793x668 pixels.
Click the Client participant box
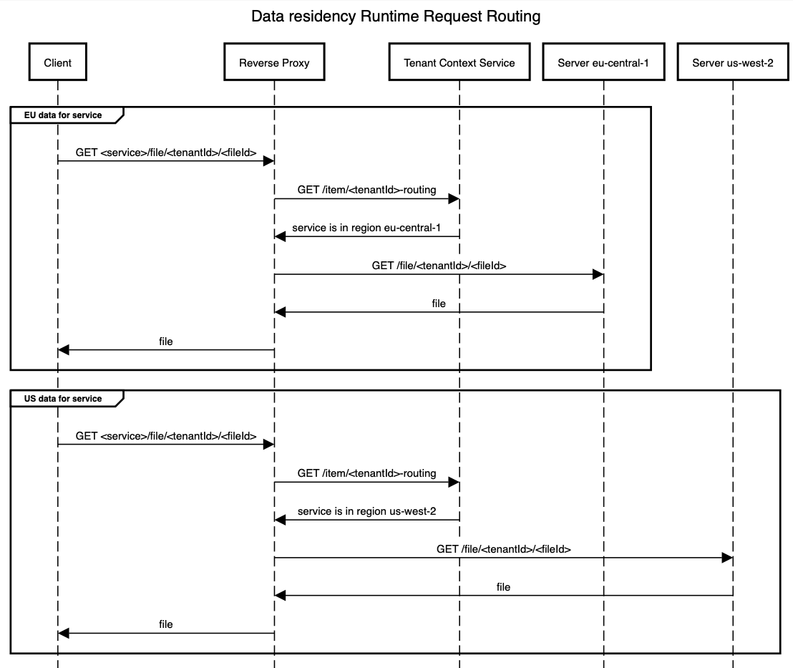pyautogui.click(x=57, y=62)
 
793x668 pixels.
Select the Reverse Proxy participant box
pyautogui.click(x=274, y=62)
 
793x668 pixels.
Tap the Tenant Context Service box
pyautogui.click(x=459, y=62)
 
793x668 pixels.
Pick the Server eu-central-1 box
pyautogui.click(x=603, y=62)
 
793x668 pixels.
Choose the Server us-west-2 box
pyautogui.click(x=732, y=62)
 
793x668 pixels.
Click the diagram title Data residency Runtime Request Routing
pyautogui.click(x=396, y=16)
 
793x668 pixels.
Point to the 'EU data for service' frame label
pyautogui.click(x=63, y=115)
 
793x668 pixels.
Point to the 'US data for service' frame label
pyautogui.click(x=63, y=399)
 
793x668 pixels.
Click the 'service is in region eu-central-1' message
pyautogui.click(x=366, y=228)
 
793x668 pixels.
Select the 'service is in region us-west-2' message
pyautogui.click(x=366, y=511)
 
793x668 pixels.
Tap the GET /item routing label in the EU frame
pyautogui.click(x=366, y=190)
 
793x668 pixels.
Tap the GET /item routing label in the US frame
pyautogui.click(x=366, y=473)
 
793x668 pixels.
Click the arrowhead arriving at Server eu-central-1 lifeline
pyautogui.click(x=598, y=274)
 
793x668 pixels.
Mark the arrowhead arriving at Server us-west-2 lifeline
pyautogui.click(x=726, y=558)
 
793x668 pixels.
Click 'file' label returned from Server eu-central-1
pyautogui.click(x=439, y=304)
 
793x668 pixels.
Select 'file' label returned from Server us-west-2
pyautogui.click(x=503, y=587)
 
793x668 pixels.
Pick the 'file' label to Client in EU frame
pyautogui.click(x=166, y=342)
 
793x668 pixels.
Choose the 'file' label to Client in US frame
pyautogui.click(x=166, y=624)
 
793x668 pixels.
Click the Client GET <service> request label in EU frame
pyautogui.click(x=166, y=152)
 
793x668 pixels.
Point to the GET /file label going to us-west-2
pyautogui.click(x=503, y=549)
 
